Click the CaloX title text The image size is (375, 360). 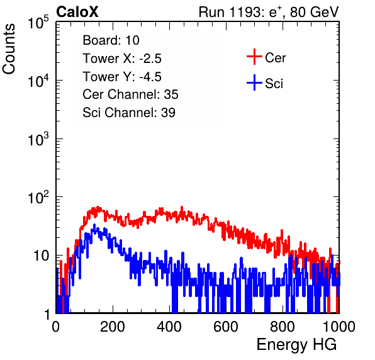coord(77,12)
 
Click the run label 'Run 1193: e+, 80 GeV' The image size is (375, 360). coord(269,12)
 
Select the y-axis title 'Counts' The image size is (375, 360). coord(9,49)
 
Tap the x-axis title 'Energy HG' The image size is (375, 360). coord(296,345)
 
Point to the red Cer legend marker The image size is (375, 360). coord(254,57)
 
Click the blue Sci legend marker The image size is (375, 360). coord(254,82)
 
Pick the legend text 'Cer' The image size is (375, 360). coord(275,58)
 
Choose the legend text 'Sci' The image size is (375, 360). coord(274,84)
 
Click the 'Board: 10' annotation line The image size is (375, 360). coord(111,40)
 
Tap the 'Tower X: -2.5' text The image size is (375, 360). coord(122,59)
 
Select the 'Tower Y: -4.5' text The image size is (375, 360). coord(122,77)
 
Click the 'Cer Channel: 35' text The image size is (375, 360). coord(130,94)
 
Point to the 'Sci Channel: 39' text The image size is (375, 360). coord(129,113)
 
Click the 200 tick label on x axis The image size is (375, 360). coord(113,327)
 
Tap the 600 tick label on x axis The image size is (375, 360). coord(226,327)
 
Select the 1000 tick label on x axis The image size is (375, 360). coord(339,327)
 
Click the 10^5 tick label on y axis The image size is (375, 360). coord(38,23)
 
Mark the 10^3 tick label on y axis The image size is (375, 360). coord(38,139)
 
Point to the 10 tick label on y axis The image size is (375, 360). coord(41,256)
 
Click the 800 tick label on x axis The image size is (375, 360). coord(283,327)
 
